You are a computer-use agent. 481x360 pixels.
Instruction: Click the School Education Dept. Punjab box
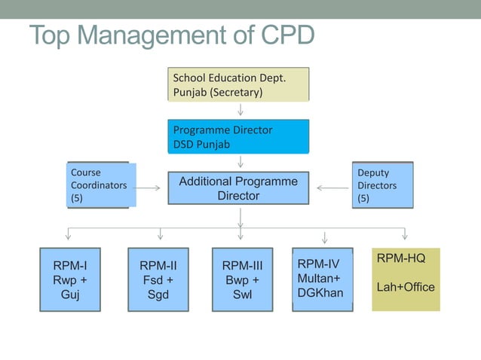tap(238, 84)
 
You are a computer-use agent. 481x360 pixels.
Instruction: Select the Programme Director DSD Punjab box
tap(238, 136)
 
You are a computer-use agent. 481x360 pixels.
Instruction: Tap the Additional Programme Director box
tap(238, 188)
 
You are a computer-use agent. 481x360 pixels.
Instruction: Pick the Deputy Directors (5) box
tap(382, 185)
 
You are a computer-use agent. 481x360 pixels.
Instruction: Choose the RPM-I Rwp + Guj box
tap(70, 279)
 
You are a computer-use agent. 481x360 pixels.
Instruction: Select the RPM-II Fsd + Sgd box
tap(158, 279)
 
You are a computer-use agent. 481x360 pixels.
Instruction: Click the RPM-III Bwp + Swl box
tap(242, 279)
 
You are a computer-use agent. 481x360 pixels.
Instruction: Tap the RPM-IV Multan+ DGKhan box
tap(322, 278)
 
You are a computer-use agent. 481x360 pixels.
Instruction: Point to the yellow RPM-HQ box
tap(406, 279)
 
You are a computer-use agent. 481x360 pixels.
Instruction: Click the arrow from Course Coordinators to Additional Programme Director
tap(151, 188)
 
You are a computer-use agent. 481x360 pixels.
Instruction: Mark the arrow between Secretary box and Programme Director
tap(240, 109)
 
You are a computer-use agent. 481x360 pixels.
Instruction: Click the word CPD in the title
tap(279, 35)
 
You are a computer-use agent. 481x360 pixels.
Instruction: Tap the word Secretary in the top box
tap(237, 92)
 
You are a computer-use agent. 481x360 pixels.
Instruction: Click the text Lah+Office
tap(406, 287)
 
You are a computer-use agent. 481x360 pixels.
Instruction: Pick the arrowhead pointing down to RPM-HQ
tap(405, 236)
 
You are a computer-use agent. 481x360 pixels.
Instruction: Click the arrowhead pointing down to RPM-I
tap(69, 236)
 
